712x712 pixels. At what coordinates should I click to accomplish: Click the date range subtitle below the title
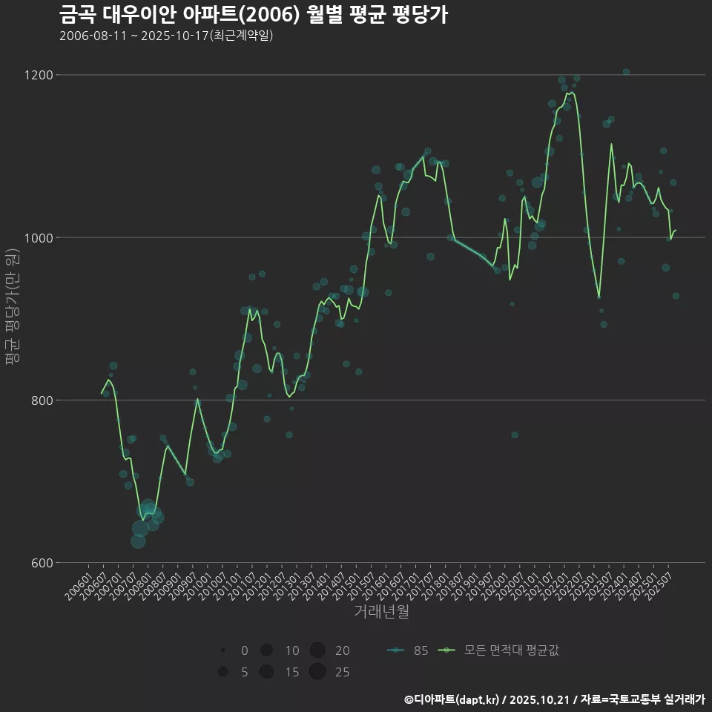pyautogui.click(x=166, y=36)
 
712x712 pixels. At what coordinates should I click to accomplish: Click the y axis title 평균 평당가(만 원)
pyautogui.click(x=12, y=306)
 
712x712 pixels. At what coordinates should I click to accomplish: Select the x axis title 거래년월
pyautogui.click(x=381, y=611)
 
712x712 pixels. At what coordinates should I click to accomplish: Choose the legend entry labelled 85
pyautogui.click(x=407, y=650)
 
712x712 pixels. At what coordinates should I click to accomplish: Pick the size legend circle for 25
pyautogui.click(x=317, y=672)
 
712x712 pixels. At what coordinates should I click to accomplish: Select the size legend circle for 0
pyautogui.click(x=222, y=650)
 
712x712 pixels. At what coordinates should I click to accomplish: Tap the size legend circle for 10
pyautogui.click(x=266, y=650)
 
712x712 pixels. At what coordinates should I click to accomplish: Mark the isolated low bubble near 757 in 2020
pyautogui.click(x=515, y=435)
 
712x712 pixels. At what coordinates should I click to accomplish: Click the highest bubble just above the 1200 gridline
pyautogui.click(x=626, y=72)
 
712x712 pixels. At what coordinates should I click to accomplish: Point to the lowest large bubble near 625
pyautogui.click(x=138, y=541)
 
